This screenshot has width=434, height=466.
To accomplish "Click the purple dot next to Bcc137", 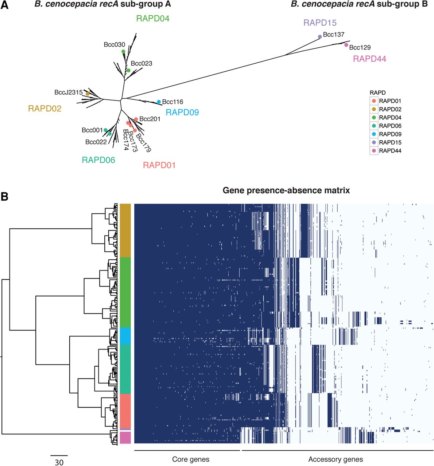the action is pyautogui.click(x=320, y=37).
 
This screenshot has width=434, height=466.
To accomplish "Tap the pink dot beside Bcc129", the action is pyautogui.click(x=346, y=45).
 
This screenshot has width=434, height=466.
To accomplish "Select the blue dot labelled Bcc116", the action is pyautogui.click(x=159, y=102).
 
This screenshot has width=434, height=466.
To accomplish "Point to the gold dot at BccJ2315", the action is pyautogui.click(x=88, y=94).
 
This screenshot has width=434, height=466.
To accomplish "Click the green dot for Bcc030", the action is pyautogui.click(x=123, y=51).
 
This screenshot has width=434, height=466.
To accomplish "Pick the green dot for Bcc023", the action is pyautogui.click(x=128, y=70).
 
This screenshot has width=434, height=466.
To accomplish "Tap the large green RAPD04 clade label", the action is pyautogui.click(x=153, y=18).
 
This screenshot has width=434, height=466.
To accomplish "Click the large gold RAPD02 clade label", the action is pyautogui.click(x=44, y=108).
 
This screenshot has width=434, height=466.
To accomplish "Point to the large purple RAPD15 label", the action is pyautogui.click(x=320, y=23).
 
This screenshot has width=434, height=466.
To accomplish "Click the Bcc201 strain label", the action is pyautogui.click(x=150, y=119).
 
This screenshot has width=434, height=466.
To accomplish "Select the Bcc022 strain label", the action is pyautogui.click(x=96, y=142).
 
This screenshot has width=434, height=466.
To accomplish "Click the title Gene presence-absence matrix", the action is pyautogui.click(x=286, y=190).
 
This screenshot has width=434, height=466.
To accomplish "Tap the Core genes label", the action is pyautogui.click(x=191, y=459).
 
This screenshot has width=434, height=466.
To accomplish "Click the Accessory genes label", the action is pyautogui.click(x=336, y=459).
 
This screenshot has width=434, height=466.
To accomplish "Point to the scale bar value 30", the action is pyautogui.click(x=59, y=462).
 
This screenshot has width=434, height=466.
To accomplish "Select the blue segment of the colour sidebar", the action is pyautogui.click(x=125, y=336).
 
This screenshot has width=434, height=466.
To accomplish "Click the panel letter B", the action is pyautogui.click(x=4, y=197).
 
